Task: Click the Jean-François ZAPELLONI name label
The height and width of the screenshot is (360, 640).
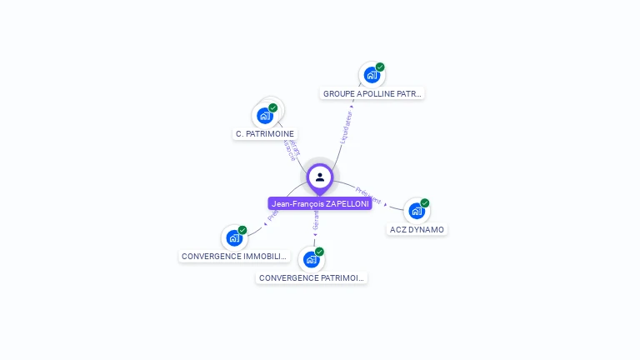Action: click(x=320, y=203)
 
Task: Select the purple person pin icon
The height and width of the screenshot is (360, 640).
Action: click(x=320, y=177)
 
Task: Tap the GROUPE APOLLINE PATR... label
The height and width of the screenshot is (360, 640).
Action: click(x=372, y=94)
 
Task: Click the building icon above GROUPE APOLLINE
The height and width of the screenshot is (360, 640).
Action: click(x=372, y=75)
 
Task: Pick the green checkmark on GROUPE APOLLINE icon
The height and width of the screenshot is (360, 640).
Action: click(x=380, y=67)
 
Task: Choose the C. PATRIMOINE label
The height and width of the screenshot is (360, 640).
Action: click(x=265, y=133)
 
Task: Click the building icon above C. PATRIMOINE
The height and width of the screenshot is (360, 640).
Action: click(x=265, y=115)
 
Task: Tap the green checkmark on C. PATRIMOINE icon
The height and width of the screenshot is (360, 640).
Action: click(x=272, y=107)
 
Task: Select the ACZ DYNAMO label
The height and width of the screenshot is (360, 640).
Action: click(x=417, y=229)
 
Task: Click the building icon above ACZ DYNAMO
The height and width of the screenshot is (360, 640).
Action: click(x=417, y=211)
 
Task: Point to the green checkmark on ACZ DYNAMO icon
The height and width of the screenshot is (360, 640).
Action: click(x=425, y=202)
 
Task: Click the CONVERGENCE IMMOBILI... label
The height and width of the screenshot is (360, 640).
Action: click(x=235, y=257)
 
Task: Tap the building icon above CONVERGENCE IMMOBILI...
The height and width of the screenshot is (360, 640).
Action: click(x=234, y=238)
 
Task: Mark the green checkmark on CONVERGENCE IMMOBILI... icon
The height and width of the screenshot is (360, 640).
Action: click(x=242, y=230)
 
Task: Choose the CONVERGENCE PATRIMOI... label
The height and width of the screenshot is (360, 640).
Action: click(x=312, y=277)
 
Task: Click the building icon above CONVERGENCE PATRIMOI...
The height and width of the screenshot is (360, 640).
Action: click(x=311, y=259)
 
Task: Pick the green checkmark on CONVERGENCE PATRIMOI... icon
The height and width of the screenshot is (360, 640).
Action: click(x=319, y=252)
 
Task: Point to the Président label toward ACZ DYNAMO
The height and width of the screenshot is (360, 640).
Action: click(x=368, y=196)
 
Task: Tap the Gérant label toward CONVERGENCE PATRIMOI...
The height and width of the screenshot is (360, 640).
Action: click(x=316, y=221)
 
